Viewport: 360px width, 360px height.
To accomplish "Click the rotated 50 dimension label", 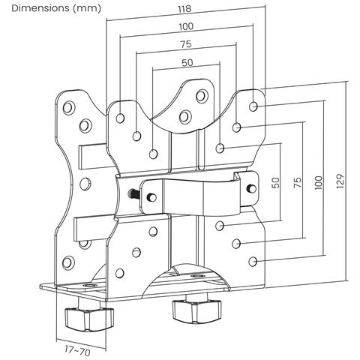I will click(x=275, y=183).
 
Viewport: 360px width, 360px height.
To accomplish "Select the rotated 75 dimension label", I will click(x=298, y=183).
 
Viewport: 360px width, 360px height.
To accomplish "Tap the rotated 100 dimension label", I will click(x=319, y=183).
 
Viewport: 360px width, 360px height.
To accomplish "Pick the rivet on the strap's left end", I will click(x=153, y=197).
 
